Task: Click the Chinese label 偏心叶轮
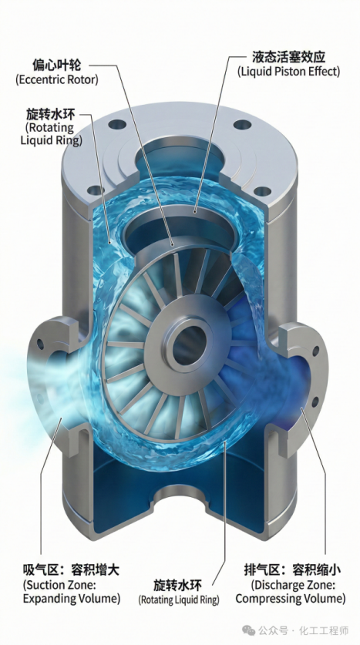57,65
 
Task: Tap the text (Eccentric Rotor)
57,79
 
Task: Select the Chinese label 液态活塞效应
289,57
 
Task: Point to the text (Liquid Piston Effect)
289,71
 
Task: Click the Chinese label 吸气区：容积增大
71,570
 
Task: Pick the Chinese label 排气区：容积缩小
292,570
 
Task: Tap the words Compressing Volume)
291,599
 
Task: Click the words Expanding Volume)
72,599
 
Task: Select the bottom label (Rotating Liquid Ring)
179,600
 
